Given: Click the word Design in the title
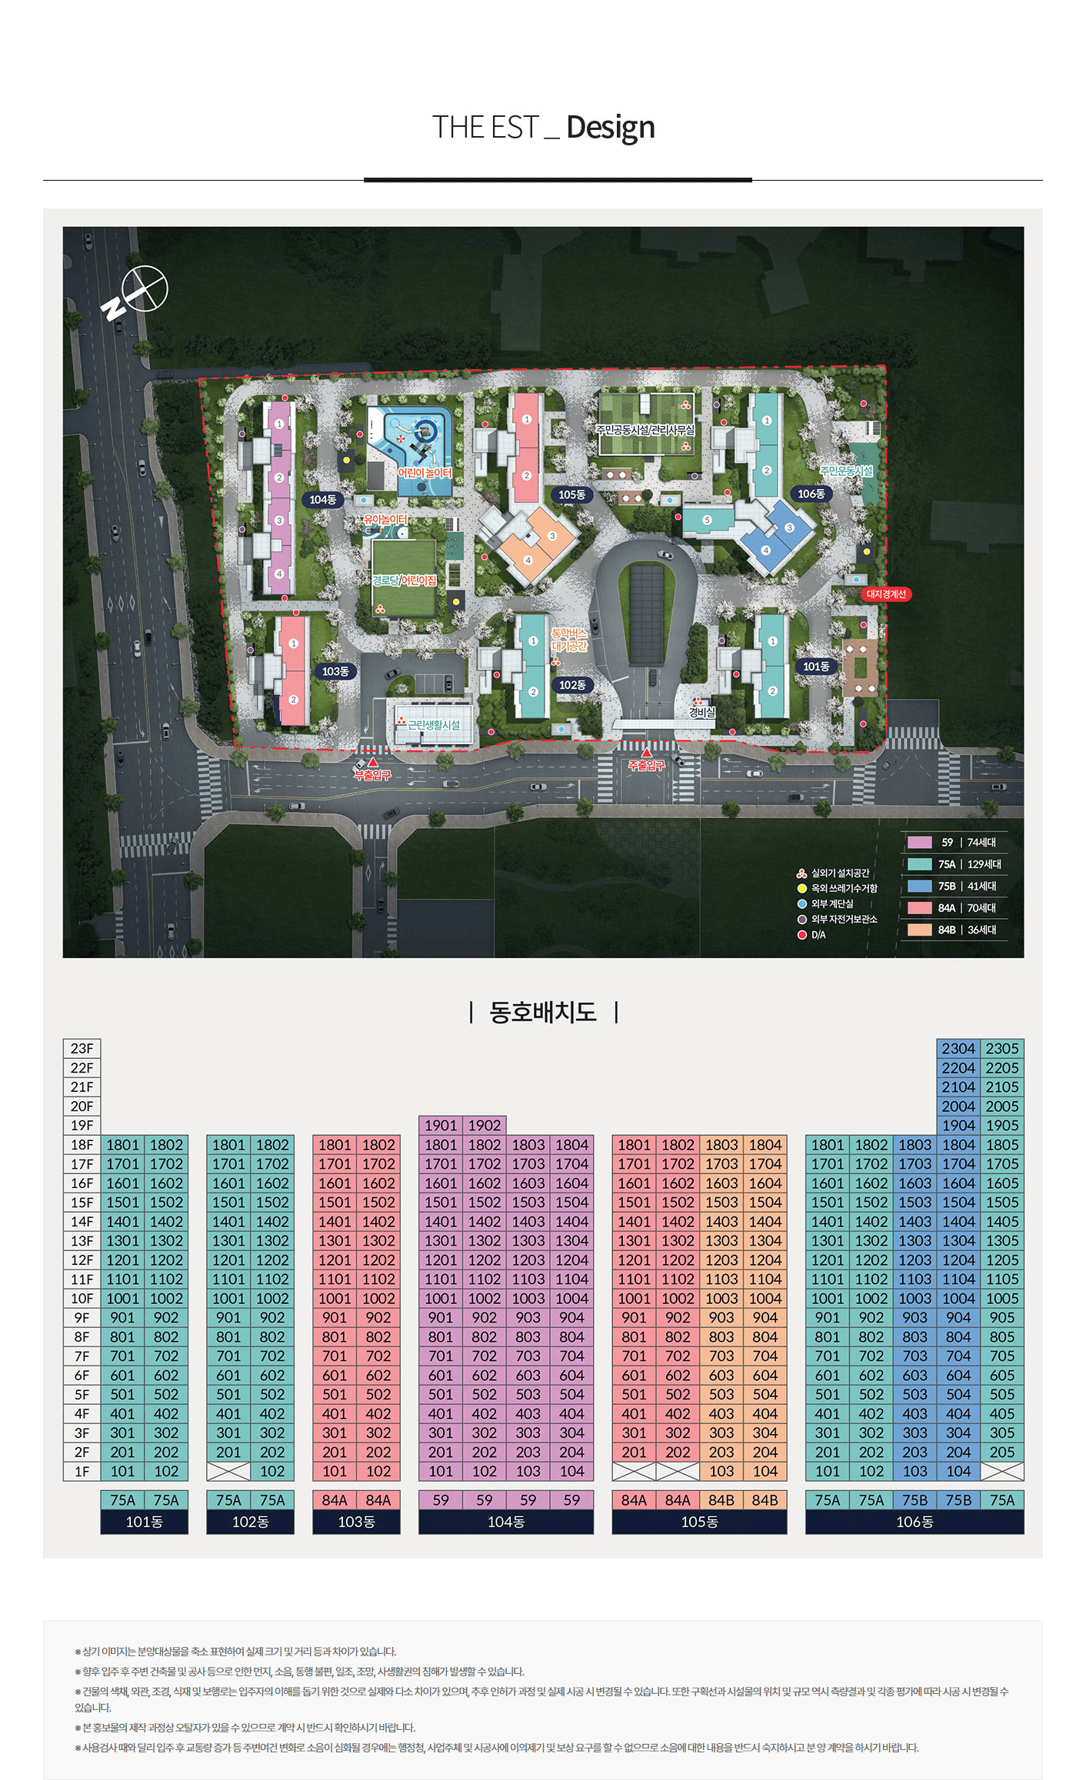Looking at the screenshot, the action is [x=611, y=128].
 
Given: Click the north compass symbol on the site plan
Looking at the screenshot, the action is [x=135, y=291].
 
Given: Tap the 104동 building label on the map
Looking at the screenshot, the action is [x=323, y=500].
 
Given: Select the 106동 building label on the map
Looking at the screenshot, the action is [x=811, y=494].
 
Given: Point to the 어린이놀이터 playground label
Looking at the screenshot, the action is [x=425, y=473].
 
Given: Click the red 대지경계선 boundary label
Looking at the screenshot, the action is [x=886, y=594].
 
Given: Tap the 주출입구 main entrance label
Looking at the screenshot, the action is [x=646, y=765].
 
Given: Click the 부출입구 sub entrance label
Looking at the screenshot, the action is [x=372, y=775].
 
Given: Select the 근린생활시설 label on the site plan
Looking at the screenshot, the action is [x=434, y=725].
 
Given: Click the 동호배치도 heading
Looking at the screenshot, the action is [x=543, y=1011].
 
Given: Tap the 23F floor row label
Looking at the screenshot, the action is [x=82, y=1049].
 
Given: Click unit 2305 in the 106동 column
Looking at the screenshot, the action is [x=1002, y=1049].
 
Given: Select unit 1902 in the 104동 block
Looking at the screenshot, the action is [x=485, y=1126].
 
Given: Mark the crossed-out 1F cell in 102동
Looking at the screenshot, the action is [x=228, y=1472].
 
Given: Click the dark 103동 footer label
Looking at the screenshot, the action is [x=356, y=1522].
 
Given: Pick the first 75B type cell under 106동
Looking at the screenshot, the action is [x=915, y=1500].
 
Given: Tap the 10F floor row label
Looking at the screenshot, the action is [x=82, y=1299].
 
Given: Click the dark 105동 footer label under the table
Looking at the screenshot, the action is [x=699, y=1522].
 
